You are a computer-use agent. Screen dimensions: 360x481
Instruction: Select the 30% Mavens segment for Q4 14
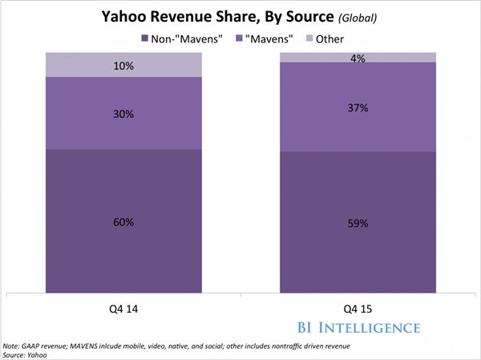coord(123,113)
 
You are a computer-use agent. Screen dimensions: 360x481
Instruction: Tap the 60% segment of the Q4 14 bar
coord(123,221)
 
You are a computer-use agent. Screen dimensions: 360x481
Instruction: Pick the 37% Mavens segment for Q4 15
coord(358,107)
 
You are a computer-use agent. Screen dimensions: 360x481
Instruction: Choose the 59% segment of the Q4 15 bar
coord(358,223)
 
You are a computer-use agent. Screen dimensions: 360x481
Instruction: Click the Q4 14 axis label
coord(123,306)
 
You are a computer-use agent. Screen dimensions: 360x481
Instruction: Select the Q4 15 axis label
coord(358,306)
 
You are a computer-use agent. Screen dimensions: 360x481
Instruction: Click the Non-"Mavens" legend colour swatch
coord(144,38)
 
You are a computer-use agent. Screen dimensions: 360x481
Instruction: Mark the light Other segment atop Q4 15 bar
coord(358,57)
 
